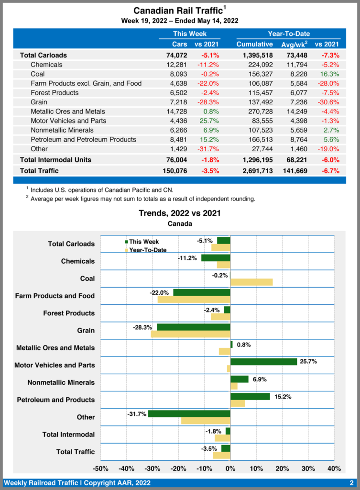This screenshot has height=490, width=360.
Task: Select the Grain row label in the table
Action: [x=40, y=102]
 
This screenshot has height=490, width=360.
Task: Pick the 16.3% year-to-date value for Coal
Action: [x=330, y=74]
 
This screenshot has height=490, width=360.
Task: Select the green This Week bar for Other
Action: [x=189, y=413]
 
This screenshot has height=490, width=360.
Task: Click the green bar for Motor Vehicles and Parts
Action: [x=263, y=362]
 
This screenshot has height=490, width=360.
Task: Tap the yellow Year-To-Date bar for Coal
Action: [x=251, y=282]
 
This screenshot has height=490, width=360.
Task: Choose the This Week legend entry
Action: [x=142, y=242]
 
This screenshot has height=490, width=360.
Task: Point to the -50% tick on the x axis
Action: [x=100, y=468]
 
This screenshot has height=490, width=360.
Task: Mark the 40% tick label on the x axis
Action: [x=334, y=468]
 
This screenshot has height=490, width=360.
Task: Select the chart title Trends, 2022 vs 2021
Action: [x=180, y=213]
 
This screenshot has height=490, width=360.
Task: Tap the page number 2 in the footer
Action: [x=351, y=482]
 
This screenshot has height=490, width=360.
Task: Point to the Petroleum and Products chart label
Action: [x=56, y=400]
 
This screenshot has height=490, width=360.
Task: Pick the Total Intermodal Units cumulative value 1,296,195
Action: [x=258, y=159]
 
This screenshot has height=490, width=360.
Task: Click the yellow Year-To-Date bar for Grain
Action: [x=190, y=334]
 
